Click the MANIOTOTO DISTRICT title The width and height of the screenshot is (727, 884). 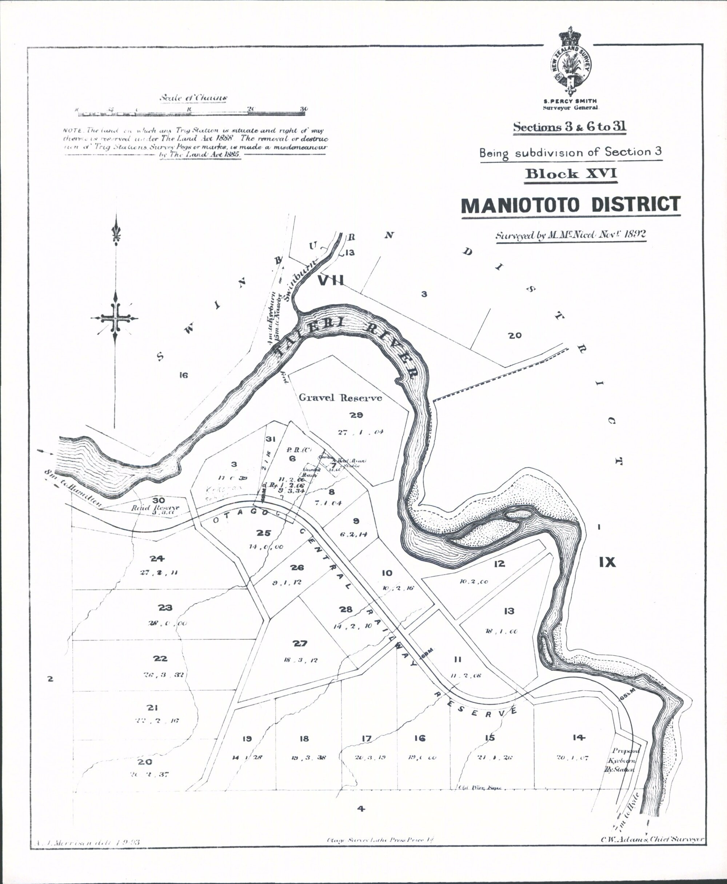click(571, 205)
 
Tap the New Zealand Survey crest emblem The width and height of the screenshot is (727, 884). click(570, 63)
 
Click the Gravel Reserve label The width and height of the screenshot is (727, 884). click(340, 397)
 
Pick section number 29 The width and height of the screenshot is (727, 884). click(356, 415)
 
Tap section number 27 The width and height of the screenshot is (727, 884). click(300, 644)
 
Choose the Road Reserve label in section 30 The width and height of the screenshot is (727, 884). click(155, 508)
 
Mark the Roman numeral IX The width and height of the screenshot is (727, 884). click(607, 563)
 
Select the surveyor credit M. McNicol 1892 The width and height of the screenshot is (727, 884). click(570, 235)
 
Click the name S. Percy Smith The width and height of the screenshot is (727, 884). click(570, 101)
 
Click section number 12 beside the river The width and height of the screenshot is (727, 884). click(499, 564)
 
